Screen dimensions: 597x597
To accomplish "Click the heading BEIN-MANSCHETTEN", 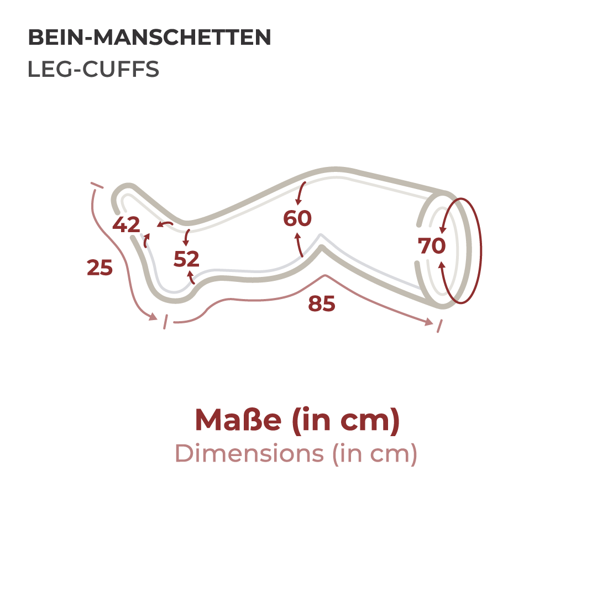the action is pyautogui.click(x=149, y=38).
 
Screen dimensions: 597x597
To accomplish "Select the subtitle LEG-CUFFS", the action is pyautogui.click(x=93, y=69).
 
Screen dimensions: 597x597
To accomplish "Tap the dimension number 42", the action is pyautogui.click(x=126, y=224).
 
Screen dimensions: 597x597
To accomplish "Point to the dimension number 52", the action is pyautogui.click(x=186, y=259).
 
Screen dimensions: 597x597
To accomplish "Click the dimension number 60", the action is pyautogui.click(x=297, y=218).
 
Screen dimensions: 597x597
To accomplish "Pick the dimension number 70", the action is pyautogui.click(x=432, y=245).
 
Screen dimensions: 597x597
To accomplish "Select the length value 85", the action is pyautogui.click(x=322, y=303).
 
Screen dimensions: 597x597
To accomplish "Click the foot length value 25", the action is pyautogui.click(x=99, y=268).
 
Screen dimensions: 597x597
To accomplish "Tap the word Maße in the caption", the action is pyautogui.click(x=238, y=420).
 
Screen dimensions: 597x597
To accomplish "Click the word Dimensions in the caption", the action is pyautogui.click(x=249, y=453).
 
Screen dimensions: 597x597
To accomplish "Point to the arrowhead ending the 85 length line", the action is pyautogui.click(x=429, y=322).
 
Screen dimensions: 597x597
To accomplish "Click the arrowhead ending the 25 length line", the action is pyautogui.click(x=153, y=316).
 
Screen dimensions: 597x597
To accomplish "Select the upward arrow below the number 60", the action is pyautogui.click(x=299, y=245).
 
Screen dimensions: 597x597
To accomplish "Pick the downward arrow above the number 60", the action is pyautogui.click(x=300, y=193).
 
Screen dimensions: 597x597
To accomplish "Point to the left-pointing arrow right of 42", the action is pyautogui.click(x=165, y=224).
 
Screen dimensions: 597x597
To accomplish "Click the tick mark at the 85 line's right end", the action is pyautogui.click(x=439, y=326).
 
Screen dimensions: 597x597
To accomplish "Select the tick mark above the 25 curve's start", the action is pyautogui.click(x=97, y=185).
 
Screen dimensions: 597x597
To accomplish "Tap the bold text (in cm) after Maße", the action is pyautogui.click(x=346, y=420).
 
